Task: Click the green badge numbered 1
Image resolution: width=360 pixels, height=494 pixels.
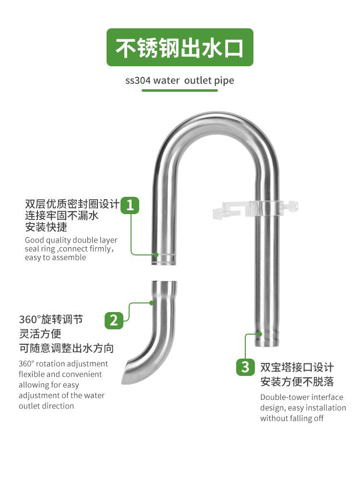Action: pyautogui.click(x=130, y=205)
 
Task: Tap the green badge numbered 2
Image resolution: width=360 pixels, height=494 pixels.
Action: pyautogui.click(x=114, y=320)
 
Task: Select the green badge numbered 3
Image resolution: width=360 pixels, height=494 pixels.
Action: pyautogui.click(x=245, y=367)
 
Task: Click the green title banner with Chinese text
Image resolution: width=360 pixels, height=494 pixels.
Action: pyautogui.click(x=180, y=48)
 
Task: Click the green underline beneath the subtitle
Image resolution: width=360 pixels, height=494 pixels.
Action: pyautogui.click(x=180, y=90)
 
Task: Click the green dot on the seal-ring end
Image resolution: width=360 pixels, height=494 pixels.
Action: pyautogui.click(x=156, y=255)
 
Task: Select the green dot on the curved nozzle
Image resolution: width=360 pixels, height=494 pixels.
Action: pyautogui.click(x=151, y=302)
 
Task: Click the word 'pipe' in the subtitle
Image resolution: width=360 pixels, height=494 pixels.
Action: pyautogui.click(x=224, y=80)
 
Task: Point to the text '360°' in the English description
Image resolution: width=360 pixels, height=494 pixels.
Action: pyautogui.click(x=26, y=364)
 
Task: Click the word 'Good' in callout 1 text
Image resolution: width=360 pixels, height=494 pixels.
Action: pyautogui.click(x=34, y=240)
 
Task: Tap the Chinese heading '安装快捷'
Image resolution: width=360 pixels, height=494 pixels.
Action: pyautogui.click(x=46, y=227)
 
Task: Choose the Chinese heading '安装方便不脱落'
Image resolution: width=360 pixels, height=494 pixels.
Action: pyautogui.click(x=297, y=382)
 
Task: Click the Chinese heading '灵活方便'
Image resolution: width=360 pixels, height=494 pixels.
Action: pyautogui.click(x=40, y=334)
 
